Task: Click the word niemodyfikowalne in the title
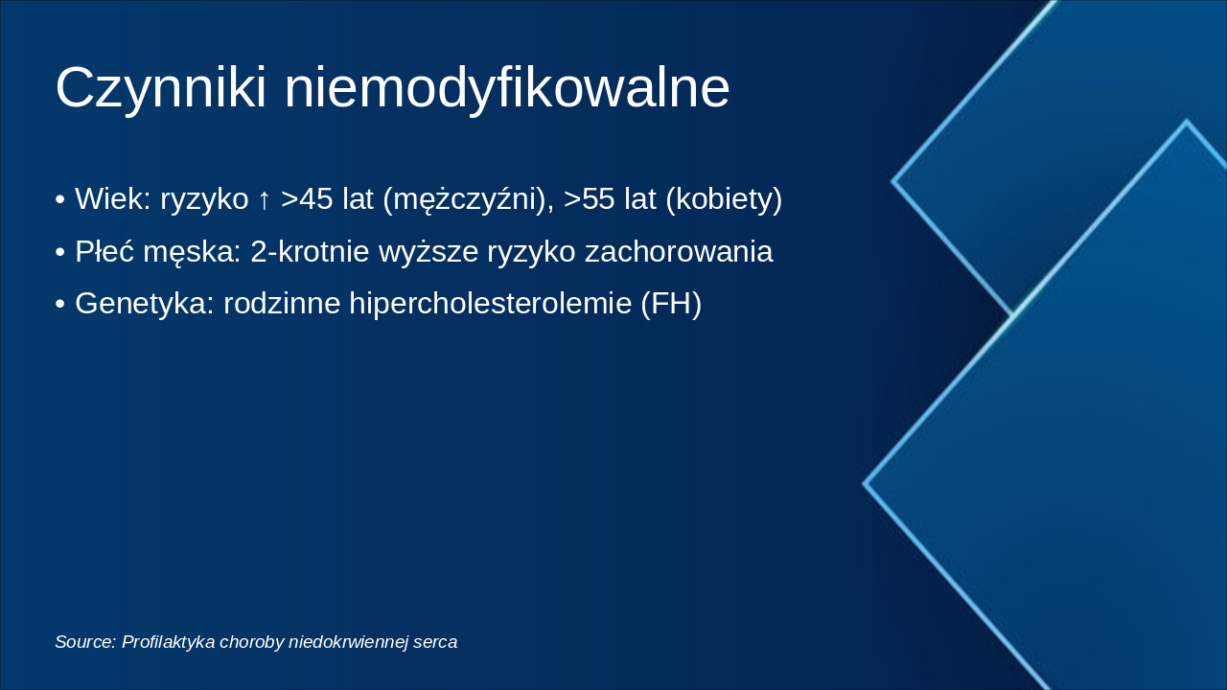tap(507, 88)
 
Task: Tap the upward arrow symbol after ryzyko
tap(265, 199)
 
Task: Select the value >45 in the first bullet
tap(307, 199)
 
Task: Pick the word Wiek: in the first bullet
tap(113, 199)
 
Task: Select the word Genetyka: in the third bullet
tap(145, 304)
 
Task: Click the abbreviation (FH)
tap(671, 304)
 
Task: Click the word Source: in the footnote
tap(85, 642)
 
